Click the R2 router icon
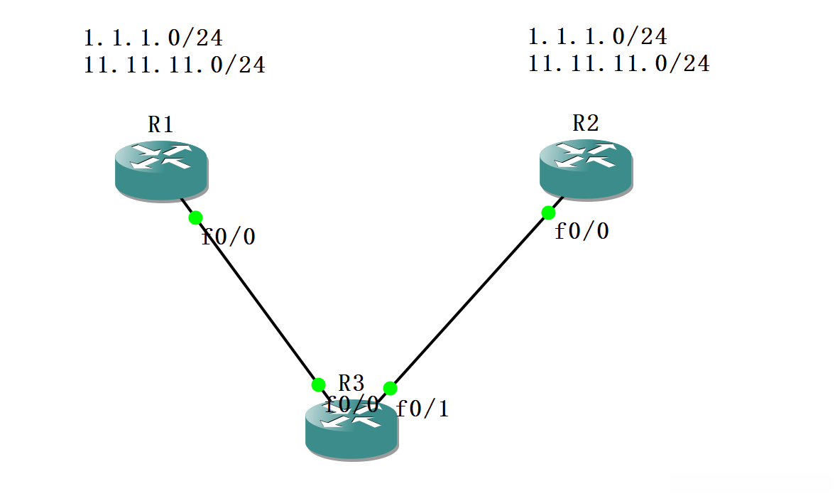coord(585,169)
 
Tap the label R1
coord(161,125)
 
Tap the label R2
coord(585,124)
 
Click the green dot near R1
coord(195,217)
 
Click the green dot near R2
coord(548,212)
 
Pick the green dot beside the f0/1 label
coord(390,388)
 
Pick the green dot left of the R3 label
coord(318,384)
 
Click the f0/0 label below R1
coord(229,237)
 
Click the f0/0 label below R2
coord(582,231)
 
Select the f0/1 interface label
coord(422,409)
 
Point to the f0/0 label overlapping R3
coord(351,404)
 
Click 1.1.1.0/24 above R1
coord(153,38)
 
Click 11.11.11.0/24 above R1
coord(175,65)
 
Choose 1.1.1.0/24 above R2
coord(598,36)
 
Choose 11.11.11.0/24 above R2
coord(619,63)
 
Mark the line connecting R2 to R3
coord(469,301)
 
